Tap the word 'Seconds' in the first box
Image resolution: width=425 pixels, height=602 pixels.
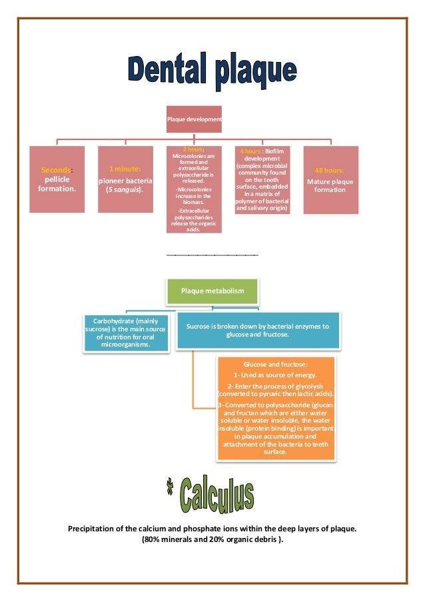tap(56, 171)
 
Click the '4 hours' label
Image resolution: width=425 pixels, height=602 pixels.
tap(250, 152)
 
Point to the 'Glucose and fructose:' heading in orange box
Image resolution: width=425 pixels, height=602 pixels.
tap(275, 365)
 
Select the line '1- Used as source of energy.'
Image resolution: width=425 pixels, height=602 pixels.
tap(275, 375)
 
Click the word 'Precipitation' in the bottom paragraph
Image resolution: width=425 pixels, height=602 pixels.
tap(94, 529)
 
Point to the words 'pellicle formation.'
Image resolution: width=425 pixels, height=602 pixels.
tap(56, 185)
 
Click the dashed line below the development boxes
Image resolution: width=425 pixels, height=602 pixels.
tap(211, 255)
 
